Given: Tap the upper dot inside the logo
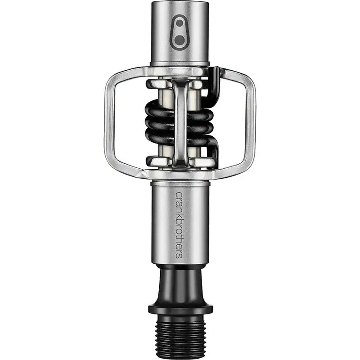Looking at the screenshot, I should (x=180, y=24).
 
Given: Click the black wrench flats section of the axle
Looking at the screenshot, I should (x=180, y=281).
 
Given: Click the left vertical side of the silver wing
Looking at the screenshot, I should (x=109, y=121).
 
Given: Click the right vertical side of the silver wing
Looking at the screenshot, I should (x=251, y=121).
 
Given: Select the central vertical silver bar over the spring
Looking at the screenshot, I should (x=180, y=121).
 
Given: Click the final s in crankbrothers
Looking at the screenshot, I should (x=179, y=255).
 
